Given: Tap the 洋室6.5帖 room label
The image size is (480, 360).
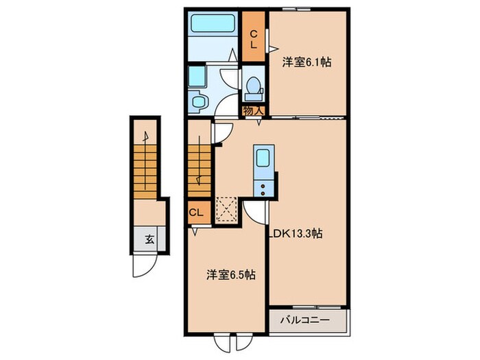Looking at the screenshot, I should (x=232, y=274).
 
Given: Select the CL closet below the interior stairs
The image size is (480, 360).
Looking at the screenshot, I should (x=195, y=212).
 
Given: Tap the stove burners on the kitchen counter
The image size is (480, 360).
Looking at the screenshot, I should (x=264, y=187).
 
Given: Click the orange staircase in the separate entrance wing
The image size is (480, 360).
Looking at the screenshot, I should (x=146, y=171).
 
